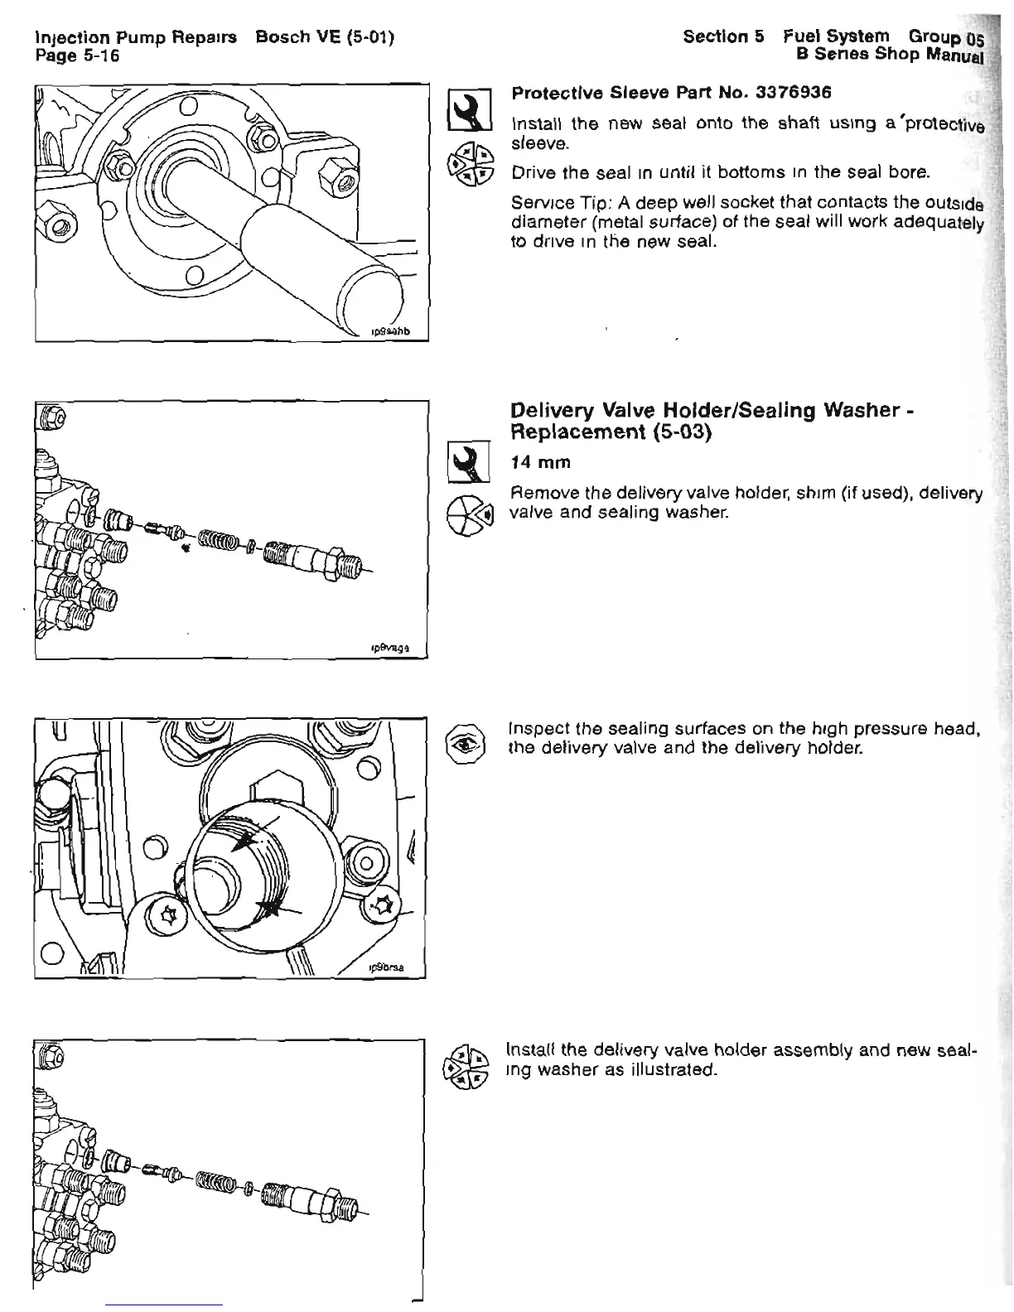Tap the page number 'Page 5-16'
tap(78, 55)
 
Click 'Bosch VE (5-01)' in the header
tap(325, 37)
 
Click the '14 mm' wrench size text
tap(539, 462)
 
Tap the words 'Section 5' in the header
tap(722, 37)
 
